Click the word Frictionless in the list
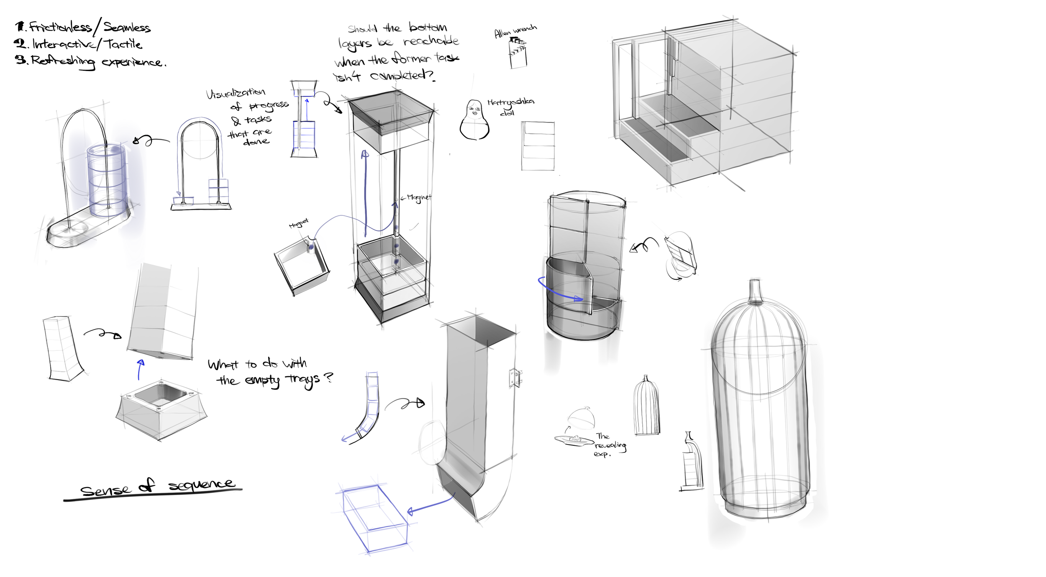(60, 28)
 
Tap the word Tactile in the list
(123, 44)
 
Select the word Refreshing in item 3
(63, 61)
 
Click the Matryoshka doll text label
(510, 106)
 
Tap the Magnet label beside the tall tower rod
(419, 197)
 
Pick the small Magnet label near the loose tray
(298, 224)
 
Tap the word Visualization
(236, 93)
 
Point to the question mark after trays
(329, 378)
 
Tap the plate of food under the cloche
(574, 439)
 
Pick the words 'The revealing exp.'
(610, 445)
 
